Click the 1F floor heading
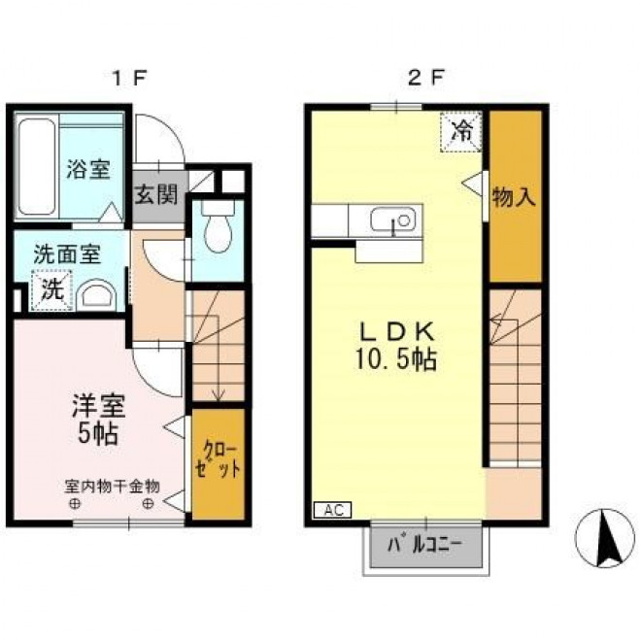click(x=128, y=78)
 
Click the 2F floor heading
click(x=426, y=78)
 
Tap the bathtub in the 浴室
click(x=36, y=166)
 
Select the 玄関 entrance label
click(x=156, y=194)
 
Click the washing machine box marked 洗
click(x=52, y=289)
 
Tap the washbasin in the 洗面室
click(x=97, y=294)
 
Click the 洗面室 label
click(x=67, y=254)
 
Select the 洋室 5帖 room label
click(x=98, y=420)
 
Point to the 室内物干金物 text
click(x=112, y=486)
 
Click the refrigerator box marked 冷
click(x=460, y=132)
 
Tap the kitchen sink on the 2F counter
click(x=393, y=219)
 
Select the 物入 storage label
click(x=514, y=196)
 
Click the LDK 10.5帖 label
click(x=396, y=346)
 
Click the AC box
click(x=332, y=510)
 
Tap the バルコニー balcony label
click(x=425, y=546)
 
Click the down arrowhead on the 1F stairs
click(x=219, y=395)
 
